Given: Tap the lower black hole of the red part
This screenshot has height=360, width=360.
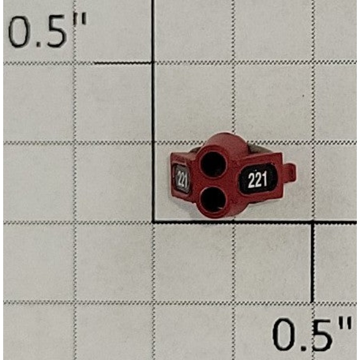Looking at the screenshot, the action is (212, 199).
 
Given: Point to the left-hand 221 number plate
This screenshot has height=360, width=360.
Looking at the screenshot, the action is (182, 179).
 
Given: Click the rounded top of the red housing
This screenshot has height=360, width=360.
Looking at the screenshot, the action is (220, 140).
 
